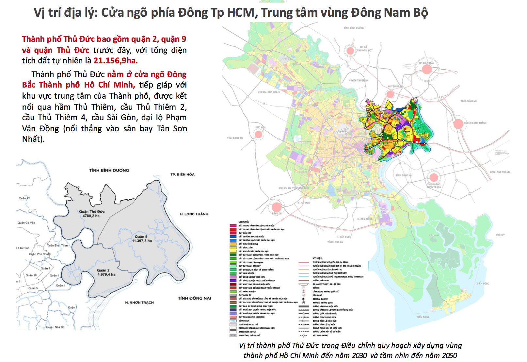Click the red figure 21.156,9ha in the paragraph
pyautogui.click(x=115, y=60)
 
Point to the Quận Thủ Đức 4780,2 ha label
pyautogui.click(x=92, y=214)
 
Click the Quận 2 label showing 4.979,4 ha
pyautogui.click(x=106, y=272)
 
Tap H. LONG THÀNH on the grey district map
pyautogui.click(x=194, y=214)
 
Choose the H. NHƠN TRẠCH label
pyautogui.click(x=139, y=303)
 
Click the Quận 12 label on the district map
pyautogui.click(x=24, y=198)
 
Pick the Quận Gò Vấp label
pyautogui.click(x=26, y=222)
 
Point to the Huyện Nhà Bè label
pyautogui.click(x=55, y=327)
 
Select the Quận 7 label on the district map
pyautogui.click(x=72, y=307)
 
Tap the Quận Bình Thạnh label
pyautogui.click(x=58, y=245)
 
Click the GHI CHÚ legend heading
pyautogui.click(x=243, y=222)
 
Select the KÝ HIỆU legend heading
pyautogui.click(x=317, y=258)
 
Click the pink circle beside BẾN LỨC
pyautogui.click(x=277, y=207)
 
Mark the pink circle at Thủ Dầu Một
pyautogui.click(x=350, y=51)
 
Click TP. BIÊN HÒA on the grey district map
pyautogui.click(x=183, y=174)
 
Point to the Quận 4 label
pyautogui.click(x=60, y=286)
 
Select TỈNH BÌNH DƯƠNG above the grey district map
pyautogui.click(x=109, y=170)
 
